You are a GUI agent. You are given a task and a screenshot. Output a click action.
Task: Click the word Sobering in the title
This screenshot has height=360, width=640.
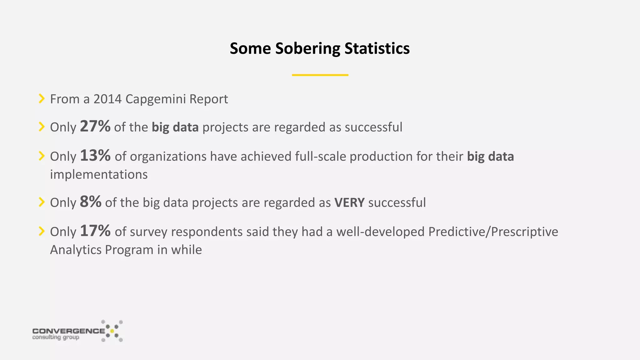(307, 49)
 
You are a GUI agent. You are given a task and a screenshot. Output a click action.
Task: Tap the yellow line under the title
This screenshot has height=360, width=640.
(320, 75)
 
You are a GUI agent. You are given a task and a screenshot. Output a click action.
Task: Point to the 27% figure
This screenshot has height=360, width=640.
(95, 126)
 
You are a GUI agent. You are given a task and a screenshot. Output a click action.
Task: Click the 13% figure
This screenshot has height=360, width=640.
(95, 155)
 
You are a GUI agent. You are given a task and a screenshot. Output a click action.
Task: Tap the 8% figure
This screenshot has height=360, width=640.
(90, 202)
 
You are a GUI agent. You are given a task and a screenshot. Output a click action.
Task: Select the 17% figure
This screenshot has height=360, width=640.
(95, 231)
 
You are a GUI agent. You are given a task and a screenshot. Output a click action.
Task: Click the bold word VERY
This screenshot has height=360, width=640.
(349, 202)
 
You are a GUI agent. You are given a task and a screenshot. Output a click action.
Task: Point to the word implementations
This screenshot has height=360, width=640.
(99, 175)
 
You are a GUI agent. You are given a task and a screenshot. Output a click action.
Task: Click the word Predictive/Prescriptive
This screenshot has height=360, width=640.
(493, 232)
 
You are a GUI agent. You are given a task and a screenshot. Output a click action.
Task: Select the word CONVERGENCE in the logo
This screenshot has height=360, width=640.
(68, 331)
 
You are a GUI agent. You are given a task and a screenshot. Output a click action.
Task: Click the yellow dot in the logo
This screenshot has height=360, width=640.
(112, 331)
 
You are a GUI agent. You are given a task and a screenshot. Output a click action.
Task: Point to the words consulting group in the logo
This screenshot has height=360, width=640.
(56, 337)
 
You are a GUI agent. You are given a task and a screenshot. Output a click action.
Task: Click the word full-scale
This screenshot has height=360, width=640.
(320, 156)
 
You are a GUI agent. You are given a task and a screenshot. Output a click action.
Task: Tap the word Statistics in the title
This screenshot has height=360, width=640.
(377, 49)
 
